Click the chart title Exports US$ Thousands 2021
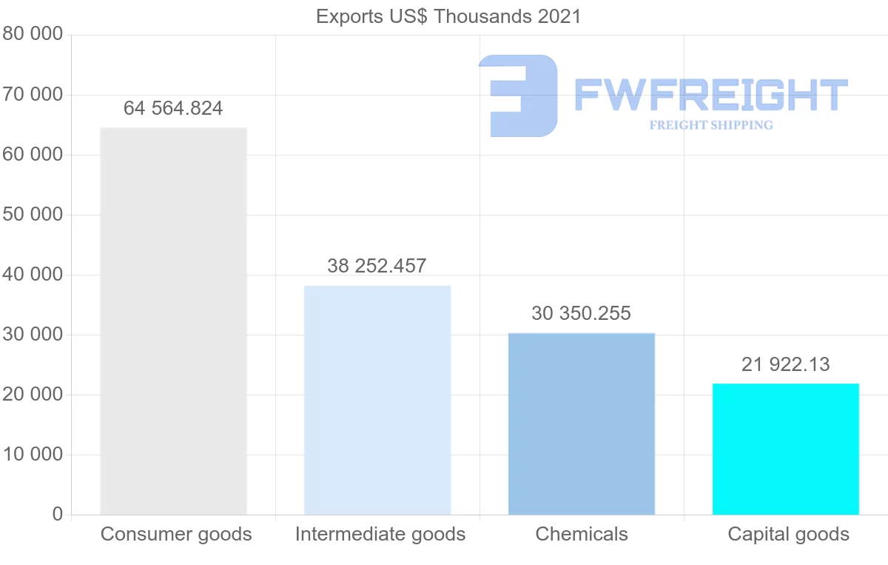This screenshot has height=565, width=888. [448, 16]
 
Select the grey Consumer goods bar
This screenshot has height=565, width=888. [173, 321]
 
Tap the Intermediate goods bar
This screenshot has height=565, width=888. [377, 400]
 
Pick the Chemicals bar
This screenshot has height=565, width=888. [582, 424]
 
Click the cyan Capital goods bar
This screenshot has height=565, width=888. [786, 449]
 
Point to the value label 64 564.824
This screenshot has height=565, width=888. [173, 108]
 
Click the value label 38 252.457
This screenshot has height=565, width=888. [377, 266]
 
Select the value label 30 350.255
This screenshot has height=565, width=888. [582, 313]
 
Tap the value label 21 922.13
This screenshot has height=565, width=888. [786, 364]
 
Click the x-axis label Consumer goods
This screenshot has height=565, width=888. [176, 534]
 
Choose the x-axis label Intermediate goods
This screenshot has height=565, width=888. [380, 534]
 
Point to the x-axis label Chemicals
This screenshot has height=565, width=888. [582, 534]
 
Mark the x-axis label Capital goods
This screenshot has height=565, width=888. [789, 534]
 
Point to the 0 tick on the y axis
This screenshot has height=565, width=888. [58, 515]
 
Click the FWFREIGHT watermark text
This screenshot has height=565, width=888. [710, 96]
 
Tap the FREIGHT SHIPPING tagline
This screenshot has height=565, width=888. [711, 125]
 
